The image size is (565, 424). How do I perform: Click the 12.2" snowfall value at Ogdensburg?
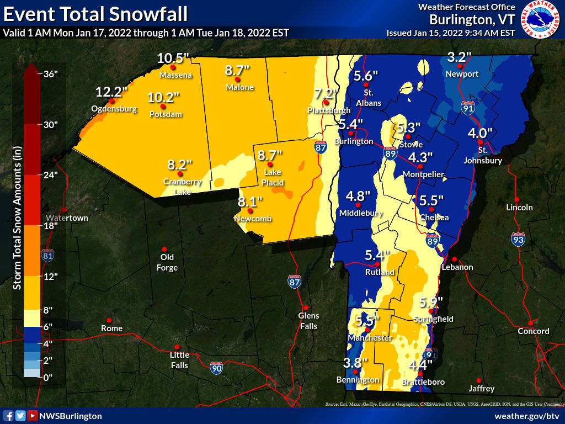point(111,91)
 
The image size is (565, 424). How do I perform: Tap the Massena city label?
point(175,75)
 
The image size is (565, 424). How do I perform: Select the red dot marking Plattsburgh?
point(327,102)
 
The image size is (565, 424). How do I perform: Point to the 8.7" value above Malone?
point(238,70)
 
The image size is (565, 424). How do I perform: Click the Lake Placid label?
point(273,178)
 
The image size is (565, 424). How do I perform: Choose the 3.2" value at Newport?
point(459,57)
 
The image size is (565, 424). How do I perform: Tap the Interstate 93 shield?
point(518,239)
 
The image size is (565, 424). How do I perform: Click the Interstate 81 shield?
point(49,255)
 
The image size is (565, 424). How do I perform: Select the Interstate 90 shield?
point(216,367)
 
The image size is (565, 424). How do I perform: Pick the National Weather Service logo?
point(541,20)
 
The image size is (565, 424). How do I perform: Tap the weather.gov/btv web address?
point(527,416)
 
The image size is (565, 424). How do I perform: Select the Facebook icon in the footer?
point(8,416)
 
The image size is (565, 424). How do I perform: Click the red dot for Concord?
point(530,323)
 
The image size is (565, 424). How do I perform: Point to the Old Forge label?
point(167,262)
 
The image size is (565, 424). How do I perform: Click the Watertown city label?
point(67,218)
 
